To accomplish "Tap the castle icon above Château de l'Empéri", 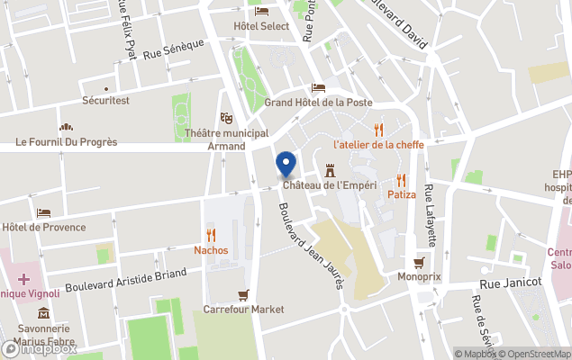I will (330, 169).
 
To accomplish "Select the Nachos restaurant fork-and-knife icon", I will (211, 235).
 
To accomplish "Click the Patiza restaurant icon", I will (401, 180).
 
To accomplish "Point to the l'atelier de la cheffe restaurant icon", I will (378, 130).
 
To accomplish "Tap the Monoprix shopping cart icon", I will (419, 263).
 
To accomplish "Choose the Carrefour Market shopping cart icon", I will (243, 294).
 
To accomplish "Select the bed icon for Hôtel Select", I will (261, 11).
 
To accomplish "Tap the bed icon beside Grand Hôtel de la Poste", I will (317, 87).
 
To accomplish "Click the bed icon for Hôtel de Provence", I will (44, 212).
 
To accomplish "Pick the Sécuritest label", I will (105, 100).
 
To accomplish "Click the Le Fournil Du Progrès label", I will (67, 142).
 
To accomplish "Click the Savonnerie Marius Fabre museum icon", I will (44, 312).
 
